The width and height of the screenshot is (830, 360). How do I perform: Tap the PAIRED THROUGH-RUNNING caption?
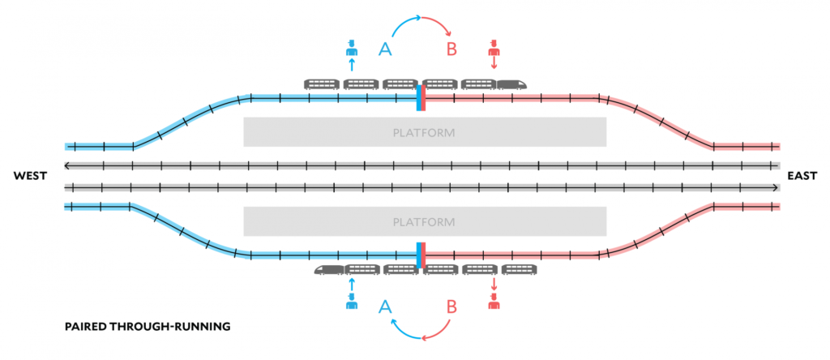(148, 327)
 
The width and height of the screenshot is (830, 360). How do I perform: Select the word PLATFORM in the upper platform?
(424, 132)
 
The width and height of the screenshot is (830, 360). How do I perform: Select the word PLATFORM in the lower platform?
(424, 221)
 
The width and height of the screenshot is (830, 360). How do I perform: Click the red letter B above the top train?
(452, 49)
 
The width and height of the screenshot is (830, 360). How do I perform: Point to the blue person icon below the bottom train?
(351, 302)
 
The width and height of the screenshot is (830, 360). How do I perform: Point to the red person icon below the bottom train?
(493, 302)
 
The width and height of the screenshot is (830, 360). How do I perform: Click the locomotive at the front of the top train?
(512, 84)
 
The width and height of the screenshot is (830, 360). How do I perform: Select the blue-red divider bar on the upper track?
(421, 97)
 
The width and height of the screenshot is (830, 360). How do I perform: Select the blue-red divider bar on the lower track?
(421, 255)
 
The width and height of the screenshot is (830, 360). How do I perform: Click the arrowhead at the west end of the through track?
(68, 165)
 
